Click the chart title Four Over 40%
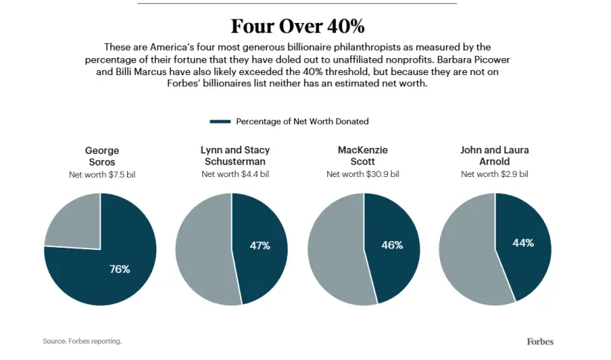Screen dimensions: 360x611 tap(297, 26)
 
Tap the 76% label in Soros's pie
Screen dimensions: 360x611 tap(120, 269)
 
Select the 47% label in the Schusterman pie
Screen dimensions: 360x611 tap(259, 245)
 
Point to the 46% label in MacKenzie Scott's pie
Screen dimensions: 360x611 tap(392, 245)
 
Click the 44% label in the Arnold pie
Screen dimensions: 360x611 tap(523, 243)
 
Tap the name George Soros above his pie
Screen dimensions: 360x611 tap(102, 156)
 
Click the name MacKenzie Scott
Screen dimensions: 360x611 tap(363, 156)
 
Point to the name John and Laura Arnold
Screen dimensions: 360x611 tap(495, 156)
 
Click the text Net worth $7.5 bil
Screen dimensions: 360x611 tap(102, 174)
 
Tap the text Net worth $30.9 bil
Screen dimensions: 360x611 tap(363, 174)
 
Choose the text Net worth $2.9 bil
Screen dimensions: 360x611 tap(495, 174)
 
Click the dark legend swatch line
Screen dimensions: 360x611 tap(221, 121)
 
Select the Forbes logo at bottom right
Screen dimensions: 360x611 tap(540, 341)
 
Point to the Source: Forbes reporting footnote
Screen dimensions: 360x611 tap(82, 341)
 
